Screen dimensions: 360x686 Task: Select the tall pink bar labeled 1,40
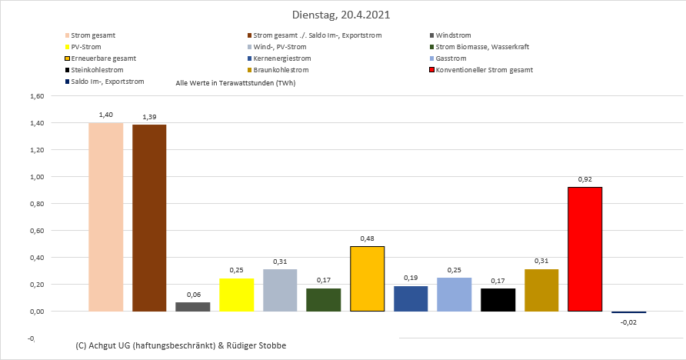coord(106,217)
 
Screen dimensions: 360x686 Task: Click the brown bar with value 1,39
coord(149,218)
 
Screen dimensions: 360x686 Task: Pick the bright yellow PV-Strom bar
coord(236,295)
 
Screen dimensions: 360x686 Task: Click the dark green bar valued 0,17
coord(323,300)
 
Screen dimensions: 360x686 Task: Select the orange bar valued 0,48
coord(367,278)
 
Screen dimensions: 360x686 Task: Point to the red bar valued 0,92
coord(584,249)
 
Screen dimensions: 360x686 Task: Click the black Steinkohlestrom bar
coord(498,300)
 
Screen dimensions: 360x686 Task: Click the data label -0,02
coord(628,323)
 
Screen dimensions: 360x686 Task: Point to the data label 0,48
coord(367,238)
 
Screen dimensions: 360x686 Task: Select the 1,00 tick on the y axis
coord(35,177)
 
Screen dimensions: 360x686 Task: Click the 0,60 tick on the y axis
coord(35,231)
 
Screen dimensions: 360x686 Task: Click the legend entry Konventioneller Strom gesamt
coord(484,70)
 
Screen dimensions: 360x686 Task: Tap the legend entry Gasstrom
coord(451,58)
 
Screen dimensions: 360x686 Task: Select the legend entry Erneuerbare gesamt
coord(100,58)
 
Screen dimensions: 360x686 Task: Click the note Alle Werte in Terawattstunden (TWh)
coord(236,82)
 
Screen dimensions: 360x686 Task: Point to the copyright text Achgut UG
coord(181,345)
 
